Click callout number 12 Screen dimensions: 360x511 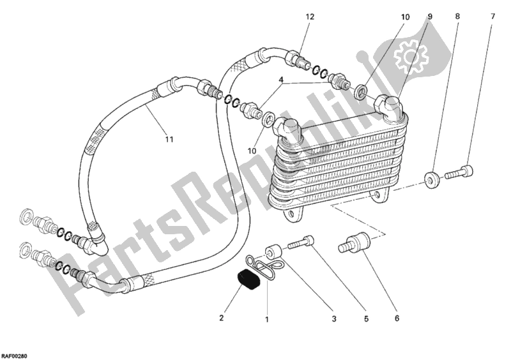coord(310,17)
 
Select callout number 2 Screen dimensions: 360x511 coord(222,317)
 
